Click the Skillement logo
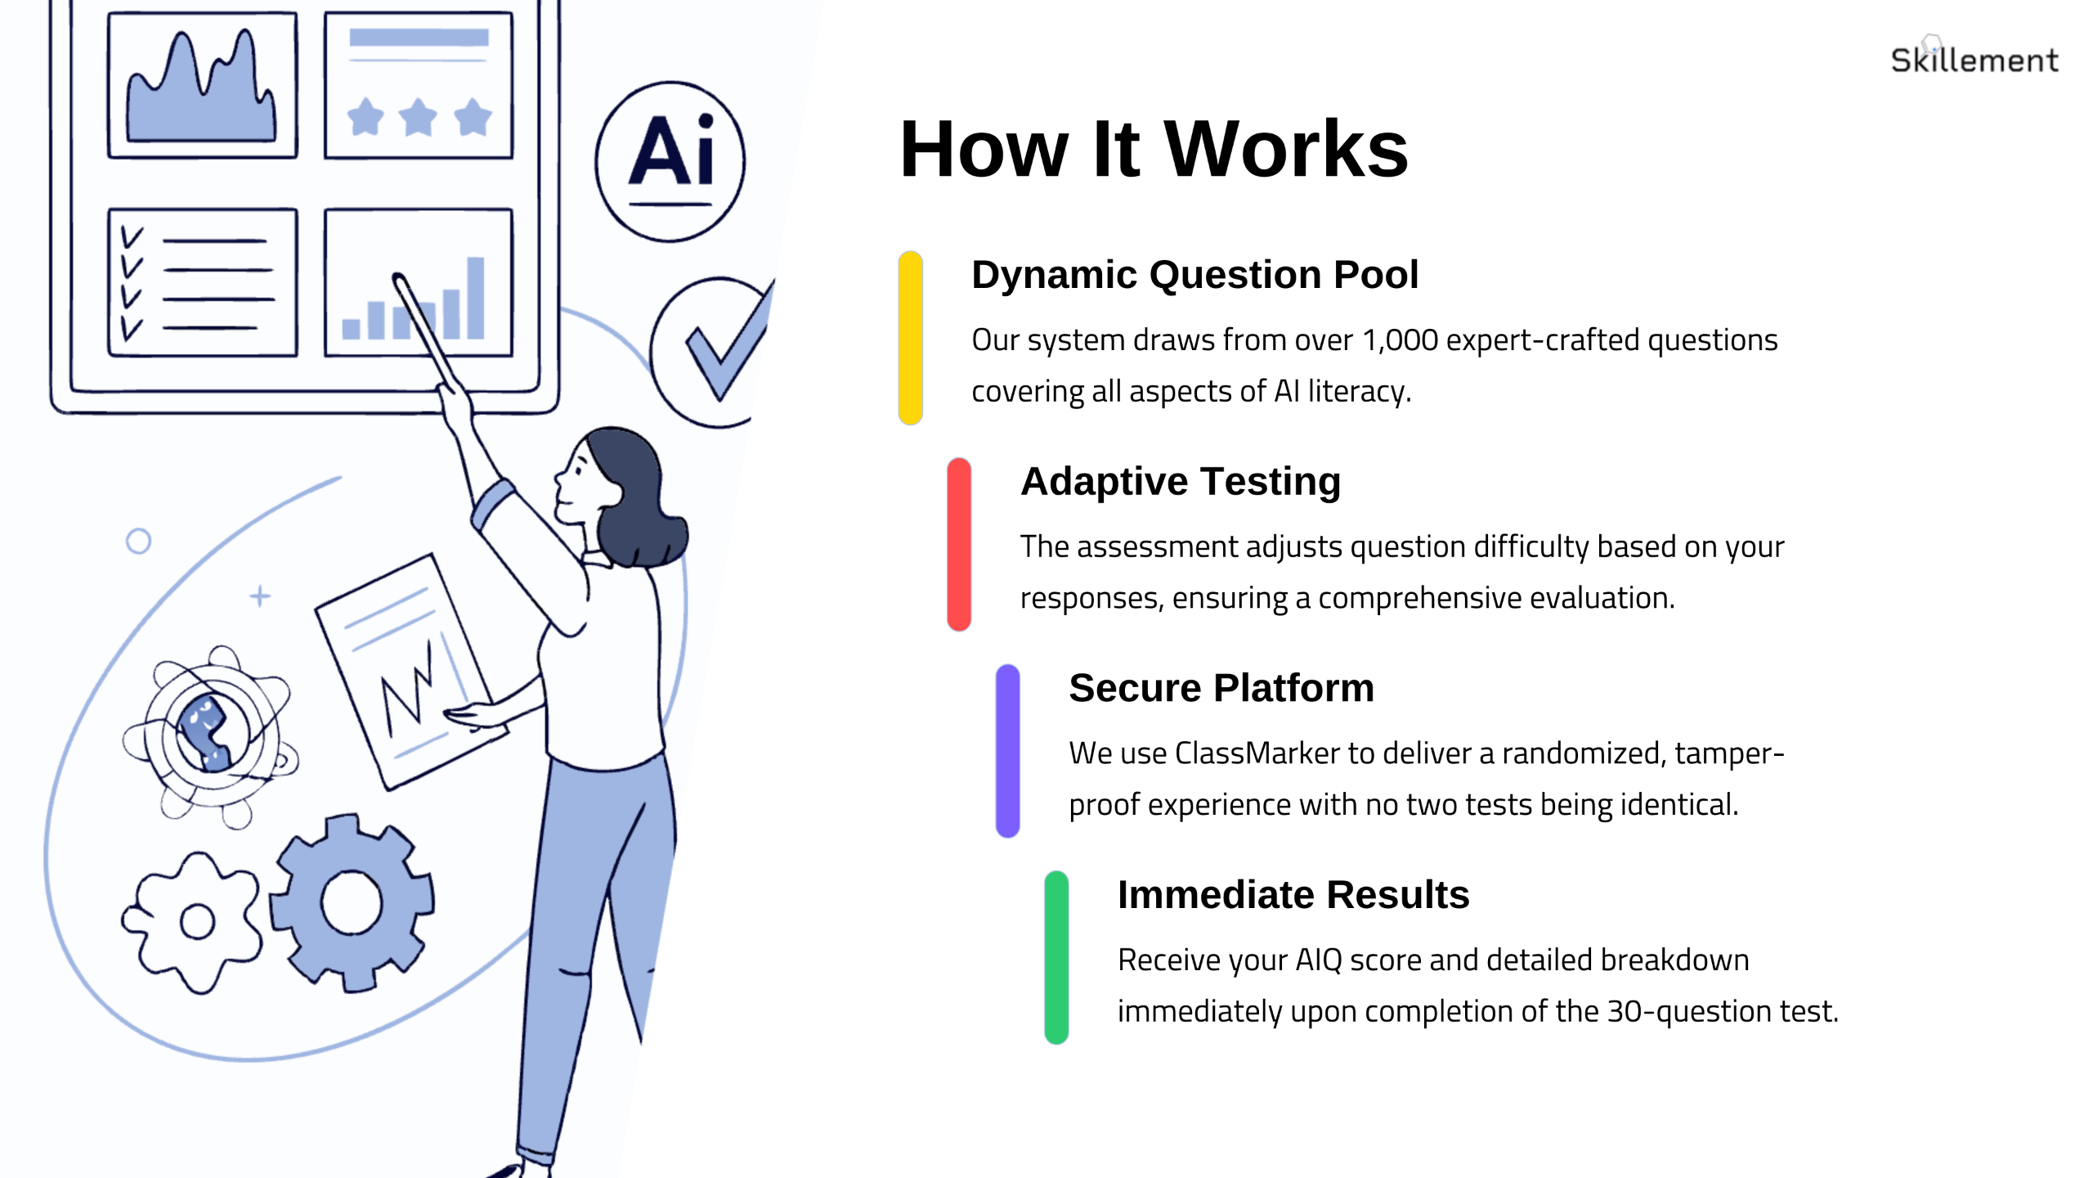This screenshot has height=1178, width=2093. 1974,59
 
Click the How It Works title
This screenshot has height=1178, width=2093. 1154,149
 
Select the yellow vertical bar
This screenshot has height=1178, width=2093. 910,338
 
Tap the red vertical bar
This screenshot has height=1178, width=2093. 958,545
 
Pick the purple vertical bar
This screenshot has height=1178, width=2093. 1007,751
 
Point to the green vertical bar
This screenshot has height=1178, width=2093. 1055,958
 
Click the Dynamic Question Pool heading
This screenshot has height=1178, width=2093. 1194,275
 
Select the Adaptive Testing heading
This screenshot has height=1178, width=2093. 1180,481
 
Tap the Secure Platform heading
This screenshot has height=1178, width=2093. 1221,688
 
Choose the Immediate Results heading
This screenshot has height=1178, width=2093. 1293,895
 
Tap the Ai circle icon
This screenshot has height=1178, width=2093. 670,161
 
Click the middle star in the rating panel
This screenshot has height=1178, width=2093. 418,117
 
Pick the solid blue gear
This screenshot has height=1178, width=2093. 352,901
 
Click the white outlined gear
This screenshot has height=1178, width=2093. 195,922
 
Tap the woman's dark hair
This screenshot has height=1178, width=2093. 634,491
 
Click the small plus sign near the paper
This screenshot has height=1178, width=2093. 260,596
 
